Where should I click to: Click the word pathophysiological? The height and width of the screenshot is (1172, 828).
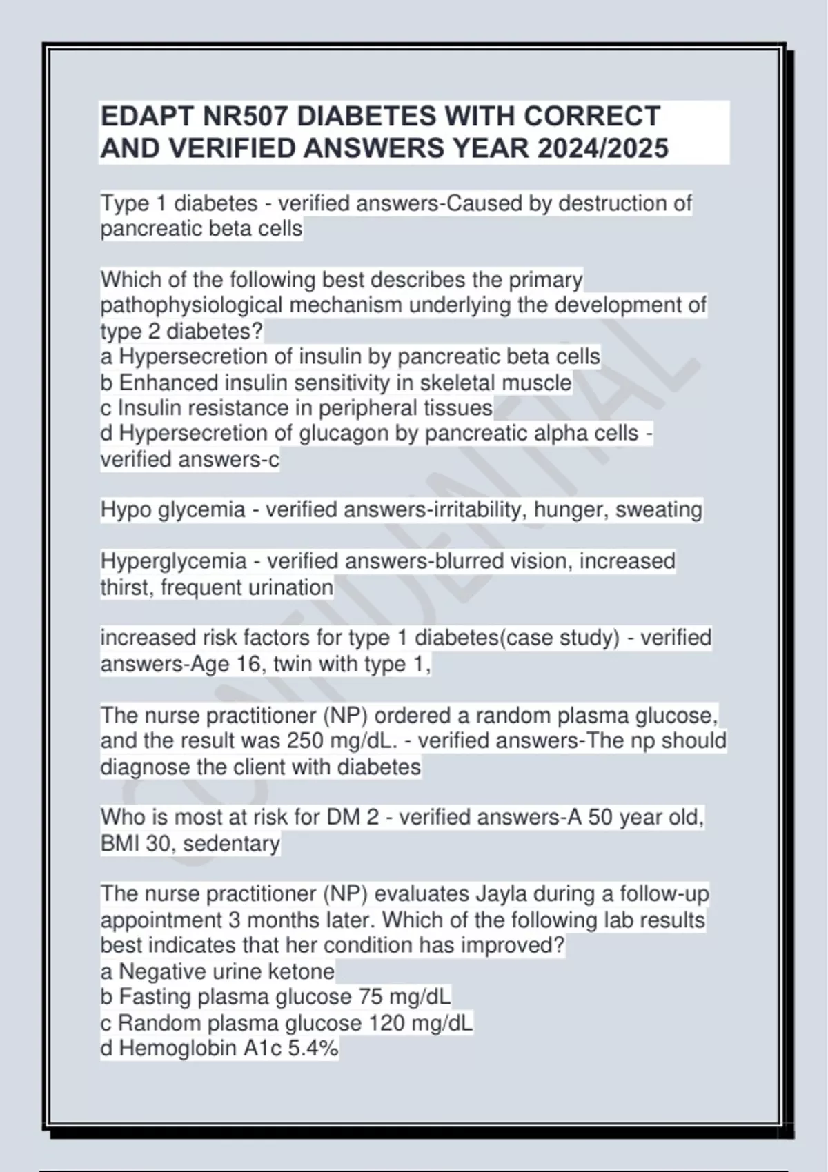click(192, 305)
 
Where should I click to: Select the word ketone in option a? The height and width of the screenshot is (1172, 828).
click(301, 971)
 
